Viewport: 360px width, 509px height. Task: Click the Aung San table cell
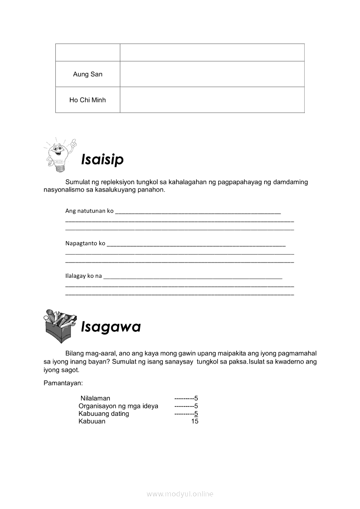click(x=88, y=74)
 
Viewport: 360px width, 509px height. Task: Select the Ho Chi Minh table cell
click(x=88, y=100)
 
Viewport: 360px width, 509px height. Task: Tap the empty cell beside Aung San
click(x=212, y=74)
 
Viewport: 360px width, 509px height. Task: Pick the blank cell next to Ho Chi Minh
click(x=212, y=100)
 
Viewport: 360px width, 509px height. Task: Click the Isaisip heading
click(x=102, y=159)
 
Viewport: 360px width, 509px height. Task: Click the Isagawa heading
click(x=111, y=327)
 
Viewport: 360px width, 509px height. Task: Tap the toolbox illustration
click(x=61, y=325)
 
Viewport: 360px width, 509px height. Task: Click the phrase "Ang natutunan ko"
click(x=89, y=211)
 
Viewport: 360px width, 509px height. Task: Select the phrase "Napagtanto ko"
click(x=85, y=243)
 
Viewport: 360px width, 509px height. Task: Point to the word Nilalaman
click(x=95, y=398)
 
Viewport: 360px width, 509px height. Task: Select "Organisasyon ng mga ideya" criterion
click(x=118, y=406)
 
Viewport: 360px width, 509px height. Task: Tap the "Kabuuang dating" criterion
click(x=104, y=414)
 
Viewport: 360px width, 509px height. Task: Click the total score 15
click(x=195, y=421)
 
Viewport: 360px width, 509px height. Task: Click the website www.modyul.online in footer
click(x=180, y=494)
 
